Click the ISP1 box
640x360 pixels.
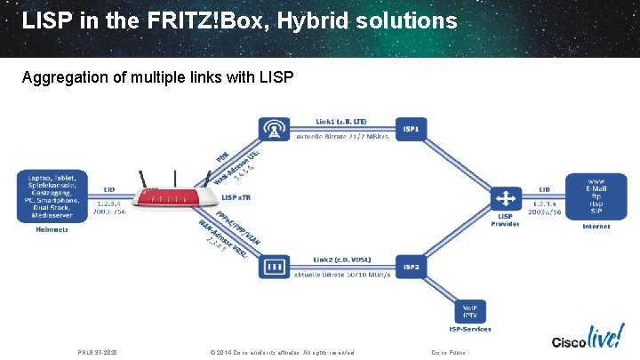[412, 130]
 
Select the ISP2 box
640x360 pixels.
[412, 266]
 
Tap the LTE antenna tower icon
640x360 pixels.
[275, 130]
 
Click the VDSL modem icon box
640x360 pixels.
[275, 266]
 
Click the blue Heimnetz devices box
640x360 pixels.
[52, 195]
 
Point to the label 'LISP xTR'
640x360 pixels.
[236, 196]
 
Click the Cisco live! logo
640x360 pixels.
[586, 340]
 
